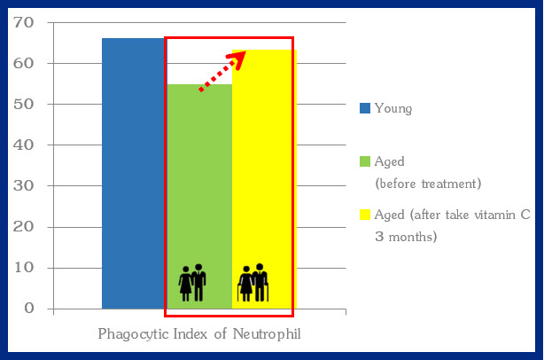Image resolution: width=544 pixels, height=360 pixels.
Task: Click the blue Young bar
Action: [x=135, y=174]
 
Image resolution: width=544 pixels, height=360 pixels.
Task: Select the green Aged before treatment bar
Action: [x=199, y=197]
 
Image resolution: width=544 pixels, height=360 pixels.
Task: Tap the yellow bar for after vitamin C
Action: [x=264, y=179]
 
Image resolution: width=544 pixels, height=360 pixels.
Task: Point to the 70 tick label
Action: [x=24, y=22]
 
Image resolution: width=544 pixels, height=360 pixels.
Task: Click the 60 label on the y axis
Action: [x=24, y=64]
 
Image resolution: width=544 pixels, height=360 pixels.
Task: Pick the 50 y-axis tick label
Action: [x=24, y=104]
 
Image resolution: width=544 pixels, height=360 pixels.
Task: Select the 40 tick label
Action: [x=24, y=145]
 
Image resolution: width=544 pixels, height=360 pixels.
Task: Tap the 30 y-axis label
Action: [x=24, y=186]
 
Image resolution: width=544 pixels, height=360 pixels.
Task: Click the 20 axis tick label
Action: [x=24, y=227]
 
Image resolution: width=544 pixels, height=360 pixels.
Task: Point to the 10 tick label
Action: [x=24, y=268]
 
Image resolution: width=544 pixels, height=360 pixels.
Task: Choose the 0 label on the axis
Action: [x=29, y=309]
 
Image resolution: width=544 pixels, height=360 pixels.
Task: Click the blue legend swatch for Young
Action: [x=365, y=108]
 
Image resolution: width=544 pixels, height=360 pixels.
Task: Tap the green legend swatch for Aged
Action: [x=365, y=161]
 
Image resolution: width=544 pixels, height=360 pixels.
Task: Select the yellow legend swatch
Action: [x=365, y=215]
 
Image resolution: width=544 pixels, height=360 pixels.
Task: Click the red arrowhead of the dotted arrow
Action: [x=238, y=59]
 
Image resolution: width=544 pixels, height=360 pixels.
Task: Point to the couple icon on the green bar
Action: [x=192, y=283]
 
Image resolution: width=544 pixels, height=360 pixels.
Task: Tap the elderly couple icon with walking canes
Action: [x=253, y=283]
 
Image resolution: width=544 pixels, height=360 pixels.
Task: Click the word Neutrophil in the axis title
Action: [x=267, y=334]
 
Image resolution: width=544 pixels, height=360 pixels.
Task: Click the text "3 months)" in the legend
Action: [x=406, y=237]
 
